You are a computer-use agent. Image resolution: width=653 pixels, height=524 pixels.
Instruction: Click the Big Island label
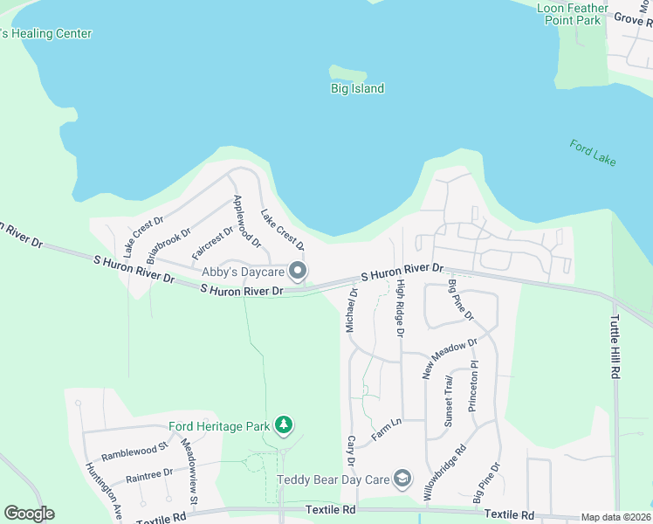(x=357, y=89)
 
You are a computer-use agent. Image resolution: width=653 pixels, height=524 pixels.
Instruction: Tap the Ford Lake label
(x=593, y=152)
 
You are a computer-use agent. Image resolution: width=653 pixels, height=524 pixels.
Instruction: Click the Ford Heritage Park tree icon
(x=283, y=425)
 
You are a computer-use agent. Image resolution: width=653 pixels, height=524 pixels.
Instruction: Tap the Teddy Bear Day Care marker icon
(x=402, y=479)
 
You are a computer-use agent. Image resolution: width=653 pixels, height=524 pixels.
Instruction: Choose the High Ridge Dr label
(x=400, y=309)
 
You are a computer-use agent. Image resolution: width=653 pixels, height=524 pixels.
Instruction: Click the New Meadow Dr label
(x=450, y=358)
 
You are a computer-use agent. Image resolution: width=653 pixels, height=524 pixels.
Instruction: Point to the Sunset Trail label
(x=449, y=401)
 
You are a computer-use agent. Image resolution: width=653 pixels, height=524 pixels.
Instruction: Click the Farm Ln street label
(x=386, y=428)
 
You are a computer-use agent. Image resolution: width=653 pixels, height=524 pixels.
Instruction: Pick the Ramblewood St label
(x=134, y=452)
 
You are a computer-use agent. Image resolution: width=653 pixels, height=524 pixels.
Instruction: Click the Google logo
(x=29, y=514)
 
